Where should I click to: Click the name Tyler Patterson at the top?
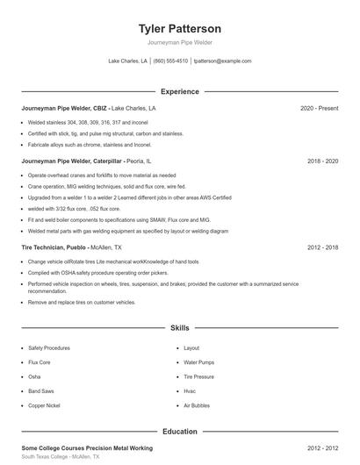click(x=180, y=28)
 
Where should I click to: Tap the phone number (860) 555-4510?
click(x=170, y=61)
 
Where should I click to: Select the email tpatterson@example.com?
click(x=222, y=61)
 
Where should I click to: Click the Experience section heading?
click(x=180, y=91)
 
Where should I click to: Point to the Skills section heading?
click(x=180, y=327)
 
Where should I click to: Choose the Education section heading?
click(x=180, y=432)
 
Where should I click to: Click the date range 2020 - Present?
click(x=319, y=108)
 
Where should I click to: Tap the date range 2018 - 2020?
click(x=322, y=161)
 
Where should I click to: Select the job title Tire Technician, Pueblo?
click(x=54, y=248)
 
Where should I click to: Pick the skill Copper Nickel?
click(x=43, y=405)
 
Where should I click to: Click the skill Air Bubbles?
click(x=197, y=405)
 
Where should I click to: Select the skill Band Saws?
click(x=40, y=391)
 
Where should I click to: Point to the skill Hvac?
click(x=190, y=391)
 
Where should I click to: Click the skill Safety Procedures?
click(x=48, y=348)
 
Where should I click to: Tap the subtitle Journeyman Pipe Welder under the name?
click(x=180, y=42)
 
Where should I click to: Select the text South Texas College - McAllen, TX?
click(x=61, y=457)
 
